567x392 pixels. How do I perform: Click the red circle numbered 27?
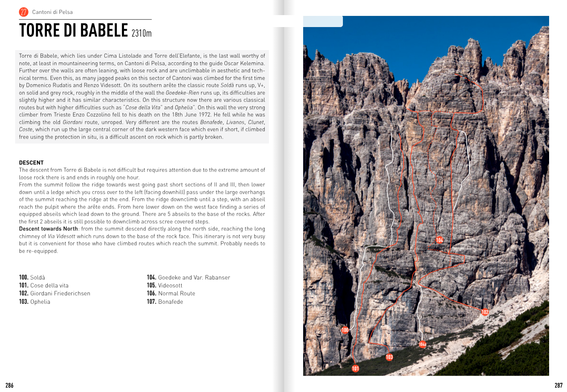pyautogui.click(x=24, y=12)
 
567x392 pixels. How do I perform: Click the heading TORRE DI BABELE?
pyautogui.click(x=74, y=31)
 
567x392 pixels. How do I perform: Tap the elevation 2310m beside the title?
pyautogui.click(x=141, y=33)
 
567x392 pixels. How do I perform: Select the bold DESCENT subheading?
pyautogui.click(x=31, y=162)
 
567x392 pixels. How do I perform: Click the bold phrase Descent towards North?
pyautogui.click(x=48, y=229)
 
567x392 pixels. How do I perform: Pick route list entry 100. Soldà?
pyautogui.click(x=32, y=277)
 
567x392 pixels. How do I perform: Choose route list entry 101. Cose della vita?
pyautogui.click(x=44, y=285)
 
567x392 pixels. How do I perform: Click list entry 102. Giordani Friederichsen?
pyautogui.click(x=54, y=293)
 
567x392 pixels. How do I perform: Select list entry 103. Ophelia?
pyautogui.click(x=35, y=302)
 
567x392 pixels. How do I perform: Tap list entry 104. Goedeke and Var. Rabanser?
pyautogui.click(x=188, y=277)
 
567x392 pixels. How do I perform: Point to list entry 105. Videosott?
pyautogui.click(x=164, y=285)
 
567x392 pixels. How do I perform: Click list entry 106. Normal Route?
pyautogui.click(x=171, y=293)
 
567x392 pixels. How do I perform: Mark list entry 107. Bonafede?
pyautogui.click(x=165, y=302)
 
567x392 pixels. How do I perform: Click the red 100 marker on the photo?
pyautogui.click(x=345, y=330)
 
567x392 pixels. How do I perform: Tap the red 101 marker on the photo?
pyautogui.click(x=355, y=369)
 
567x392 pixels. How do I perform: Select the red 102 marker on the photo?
pyautogui.click(x=485, y=312)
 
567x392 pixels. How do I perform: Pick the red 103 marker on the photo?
pyautogui.click(x=389, y=357)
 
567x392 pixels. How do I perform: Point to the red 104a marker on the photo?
pyautogui.click(x=422, y=344)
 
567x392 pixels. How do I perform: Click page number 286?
pyautogui.click(x=10, y=385)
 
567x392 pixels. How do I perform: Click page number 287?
pyautogui.click(x=558, y=385)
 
